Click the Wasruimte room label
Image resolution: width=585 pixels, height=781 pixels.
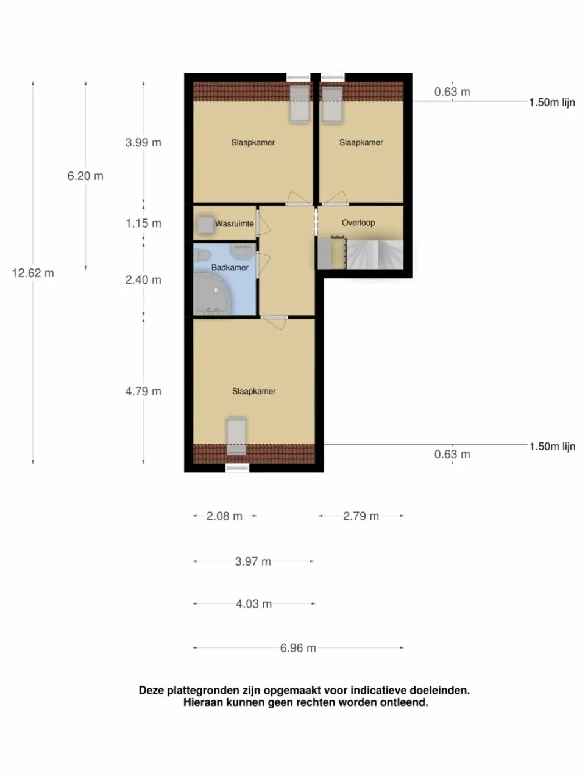(x=234, y=224)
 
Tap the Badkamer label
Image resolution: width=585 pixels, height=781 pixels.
(x=230, y=268)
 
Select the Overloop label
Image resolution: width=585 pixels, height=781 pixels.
(x=358, y=223)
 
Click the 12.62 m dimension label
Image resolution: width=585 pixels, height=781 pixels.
(x=33, y=273)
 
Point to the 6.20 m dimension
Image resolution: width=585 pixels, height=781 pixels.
(x=85, y=176)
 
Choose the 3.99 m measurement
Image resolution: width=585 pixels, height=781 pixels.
(x=143, y=143)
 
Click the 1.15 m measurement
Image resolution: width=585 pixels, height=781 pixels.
(x=143, y=223)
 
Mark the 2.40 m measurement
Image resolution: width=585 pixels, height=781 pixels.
(x=143, y=280)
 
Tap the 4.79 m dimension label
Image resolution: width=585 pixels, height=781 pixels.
(x=143, y=392)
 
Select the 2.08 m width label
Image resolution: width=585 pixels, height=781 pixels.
(x=224, y=516)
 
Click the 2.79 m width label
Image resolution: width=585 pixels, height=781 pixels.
(x=361, y=516)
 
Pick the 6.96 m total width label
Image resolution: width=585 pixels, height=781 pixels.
(x=298, y=648)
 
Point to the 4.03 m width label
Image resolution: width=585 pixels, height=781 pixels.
(x=253, y=604)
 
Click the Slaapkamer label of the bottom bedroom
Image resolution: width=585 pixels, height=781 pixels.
(x=253, y=392)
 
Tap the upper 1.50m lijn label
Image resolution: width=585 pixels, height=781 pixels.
(x=551, y=103)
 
